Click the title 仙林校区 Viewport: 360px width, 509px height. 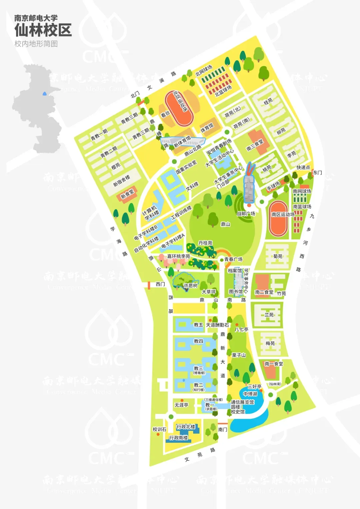click(43, 30)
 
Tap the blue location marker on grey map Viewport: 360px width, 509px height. click(45, 94)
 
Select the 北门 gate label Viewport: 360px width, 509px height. click(135, 95)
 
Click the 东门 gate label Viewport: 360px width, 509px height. click(317, 173)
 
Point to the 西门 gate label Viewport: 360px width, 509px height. click(160, 284)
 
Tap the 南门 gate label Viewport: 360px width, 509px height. click(223, 429)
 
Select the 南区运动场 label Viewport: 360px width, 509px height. click(283, 214)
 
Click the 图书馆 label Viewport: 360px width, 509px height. click(236, 292)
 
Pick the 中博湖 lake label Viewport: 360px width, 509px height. click(250, 394)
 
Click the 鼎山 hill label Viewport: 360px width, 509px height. click(225, 224)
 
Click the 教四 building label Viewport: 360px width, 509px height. click(198, 341)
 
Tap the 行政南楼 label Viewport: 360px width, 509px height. click(178, 438)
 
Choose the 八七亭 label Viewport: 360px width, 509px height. click(241, 329)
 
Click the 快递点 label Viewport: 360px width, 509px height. click(303, 167)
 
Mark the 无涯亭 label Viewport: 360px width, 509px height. click(181, 405)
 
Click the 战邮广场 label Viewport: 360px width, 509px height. click(246, 213)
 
